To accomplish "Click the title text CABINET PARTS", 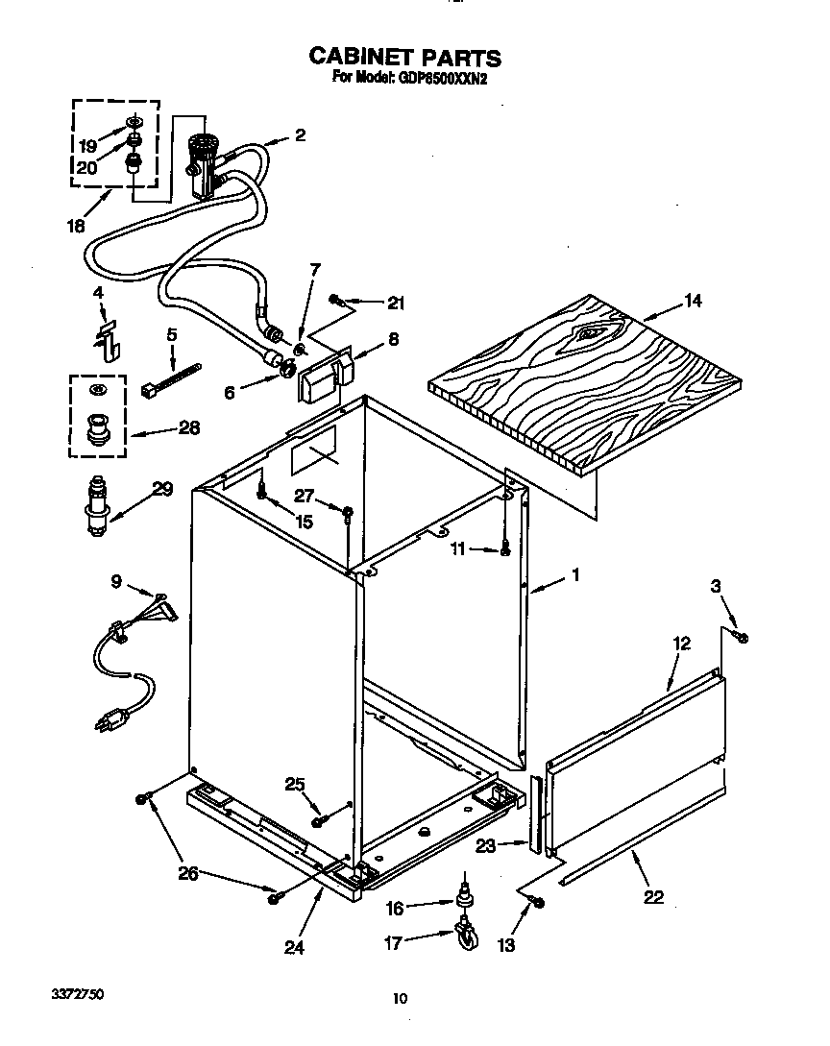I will [403, 57].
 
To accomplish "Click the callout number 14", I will [692, 302].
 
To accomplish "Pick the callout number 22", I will [653, 897].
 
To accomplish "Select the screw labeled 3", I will [742, 637].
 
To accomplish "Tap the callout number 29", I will [162, 489].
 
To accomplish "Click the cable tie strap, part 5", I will [174, 379].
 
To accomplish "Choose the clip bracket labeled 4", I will [110, 335].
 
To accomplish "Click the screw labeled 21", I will [336, 299].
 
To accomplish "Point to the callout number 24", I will [294, 947].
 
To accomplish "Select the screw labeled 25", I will [318, 819].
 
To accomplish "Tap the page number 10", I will [401, 999].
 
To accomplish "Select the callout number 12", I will [681, 644].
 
